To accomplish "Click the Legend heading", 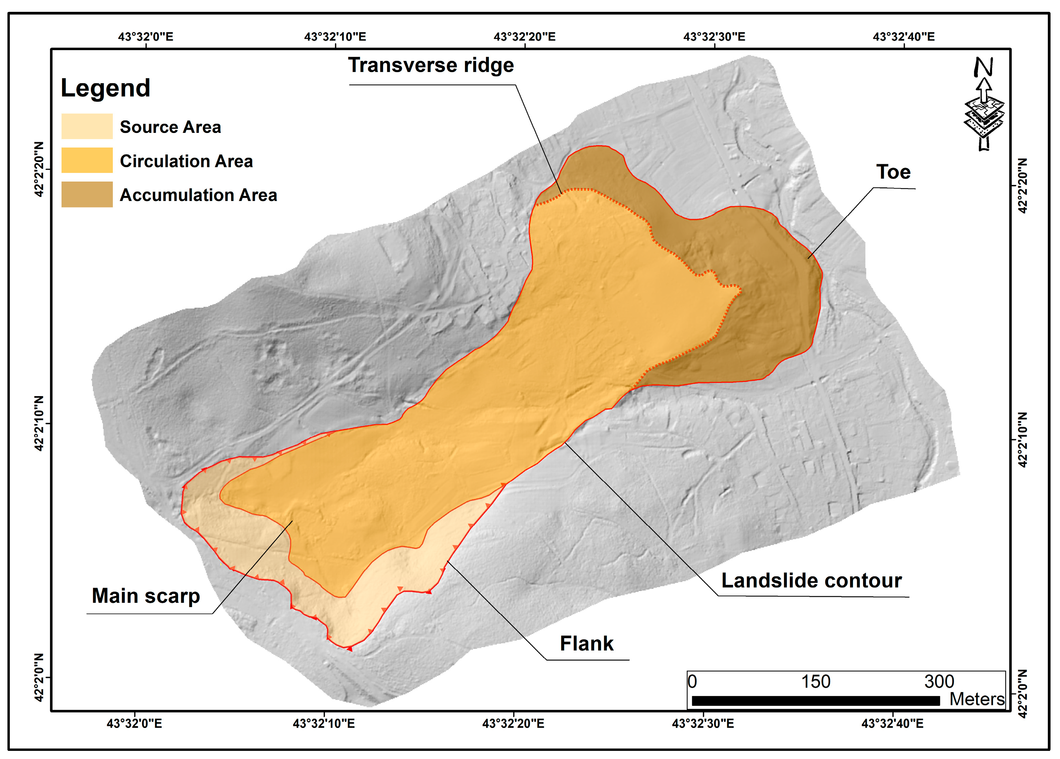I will click(x=105, y=88).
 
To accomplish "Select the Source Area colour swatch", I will click(x=87, y=126).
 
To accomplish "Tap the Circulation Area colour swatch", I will click(x=87, y=160).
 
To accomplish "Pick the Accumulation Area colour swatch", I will click(x=87, y=194).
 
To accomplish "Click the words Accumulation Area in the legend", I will click(x=198, y=195).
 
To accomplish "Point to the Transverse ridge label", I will click(x=431, y=65).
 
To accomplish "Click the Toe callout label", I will click(x=893, y=172).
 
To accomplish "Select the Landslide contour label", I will click(x=811, y=580).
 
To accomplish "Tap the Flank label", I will click(x=586, y=644).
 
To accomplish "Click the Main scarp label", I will click(x=146, y=596).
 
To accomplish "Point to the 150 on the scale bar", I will click(x=816, y=682).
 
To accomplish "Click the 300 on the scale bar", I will click(x=939, y=682).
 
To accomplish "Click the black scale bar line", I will click(x=815, y=700).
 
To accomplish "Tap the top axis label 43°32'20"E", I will click(x=525, y=37).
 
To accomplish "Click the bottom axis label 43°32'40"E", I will click(x=892, y=723).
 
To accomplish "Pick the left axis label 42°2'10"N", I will click(x=39, y=423).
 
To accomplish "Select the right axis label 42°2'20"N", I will click(x=1022, y=186).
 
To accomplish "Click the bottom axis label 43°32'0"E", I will click(x=135, y=723).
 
